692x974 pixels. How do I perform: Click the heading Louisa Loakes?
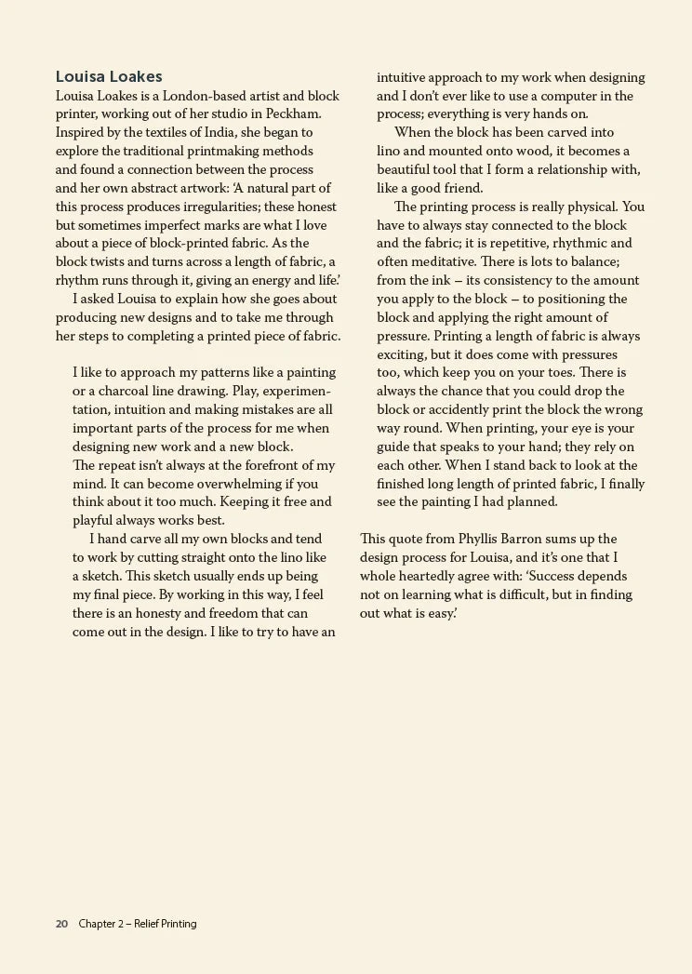(x=109, y=77)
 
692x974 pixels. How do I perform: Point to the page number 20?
(x=61, y=924)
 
